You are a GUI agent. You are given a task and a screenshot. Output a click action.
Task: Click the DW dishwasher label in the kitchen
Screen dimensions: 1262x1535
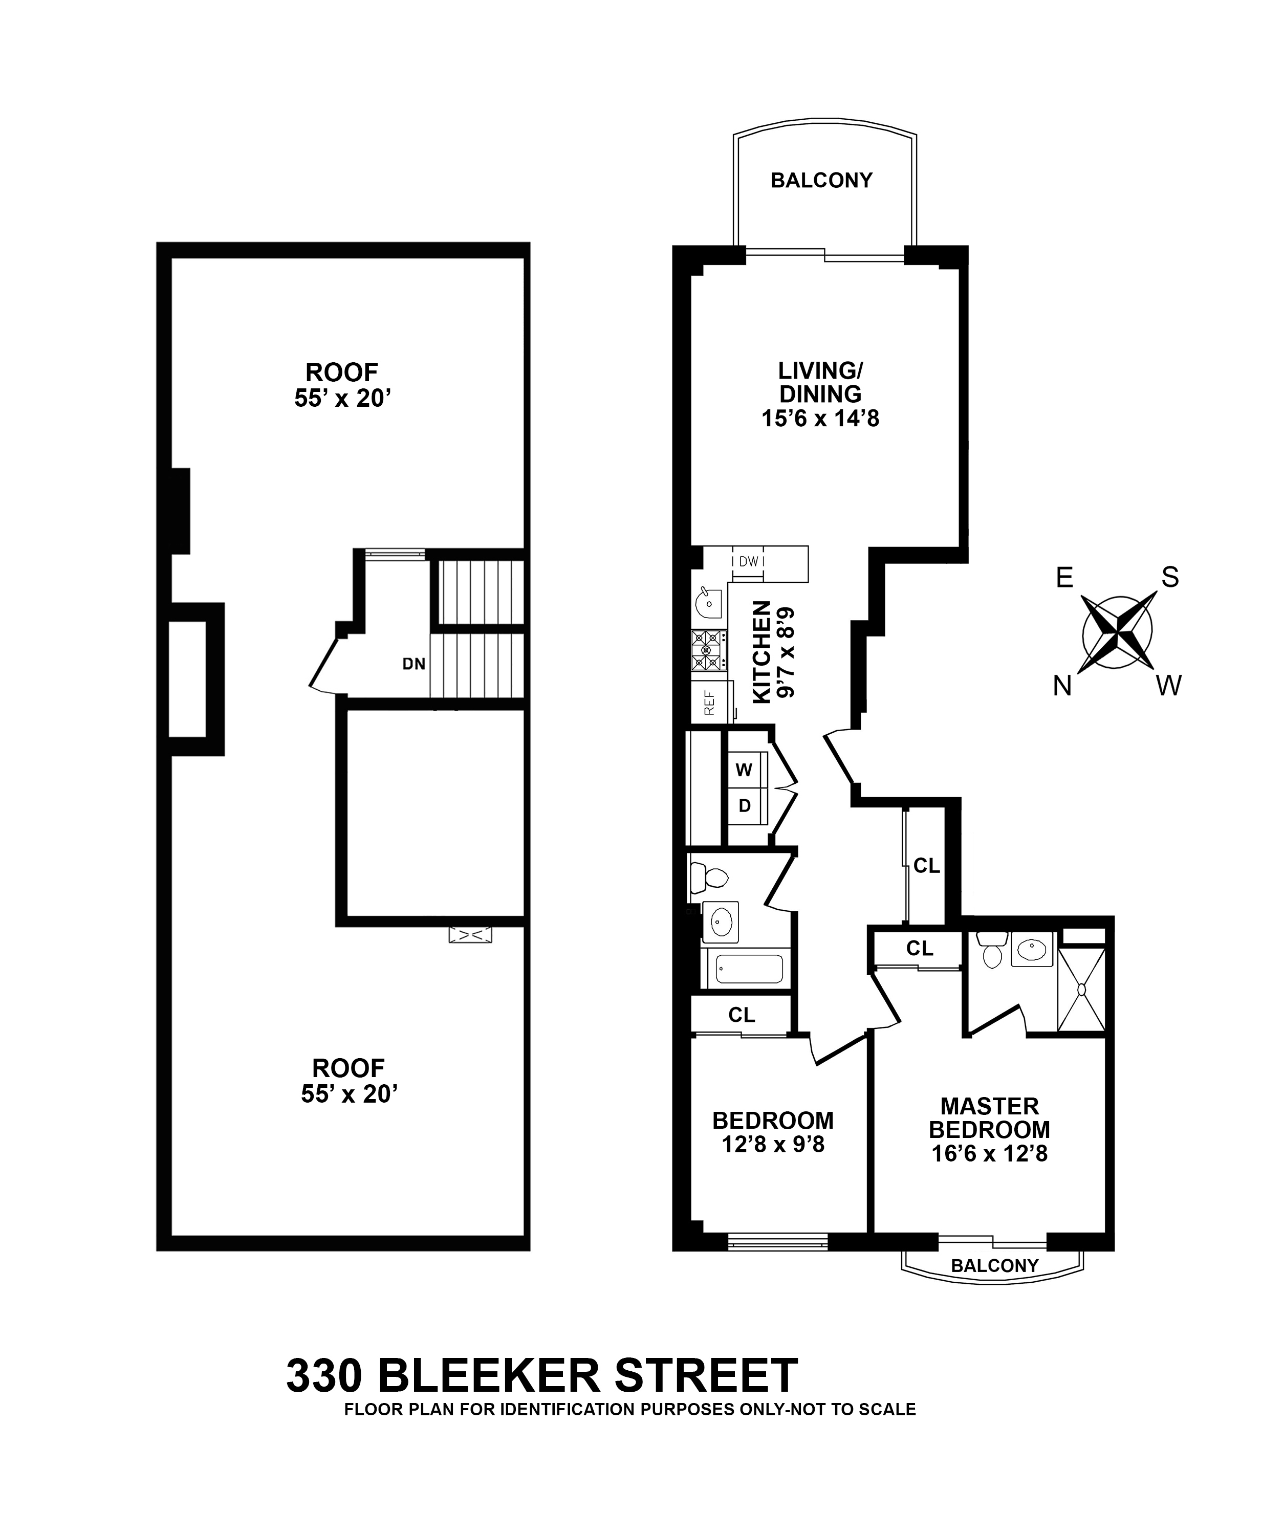click(748, 561)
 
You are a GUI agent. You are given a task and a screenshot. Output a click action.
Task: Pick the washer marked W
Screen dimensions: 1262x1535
click(744, 769)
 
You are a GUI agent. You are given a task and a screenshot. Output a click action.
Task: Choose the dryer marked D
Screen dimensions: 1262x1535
click(744, 806)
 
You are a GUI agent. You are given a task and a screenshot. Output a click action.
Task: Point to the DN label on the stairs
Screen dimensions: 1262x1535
click(414, 664)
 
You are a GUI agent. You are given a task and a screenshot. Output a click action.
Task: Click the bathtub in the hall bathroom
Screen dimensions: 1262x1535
click(749, 969)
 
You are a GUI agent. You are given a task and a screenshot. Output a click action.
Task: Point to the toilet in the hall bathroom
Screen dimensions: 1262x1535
click(709, 878)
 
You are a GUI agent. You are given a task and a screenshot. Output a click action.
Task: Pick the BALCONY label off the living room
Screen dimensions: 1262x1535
click(821, 180)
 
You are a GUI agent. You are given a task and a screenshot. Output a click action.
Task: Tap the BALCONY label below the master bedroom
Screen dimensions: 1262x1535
click(994, 1265)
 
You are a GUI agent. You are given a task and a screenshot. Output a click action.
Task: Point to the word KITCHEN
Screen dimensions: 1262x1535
click(761, 651)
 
